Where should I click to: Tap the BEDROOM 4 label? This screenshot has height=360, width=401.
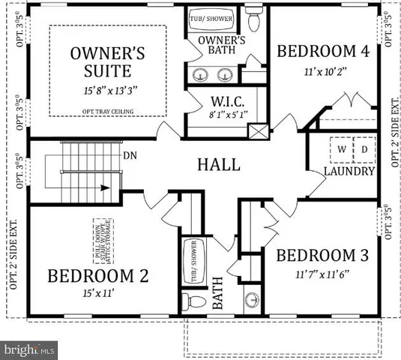[323, 52]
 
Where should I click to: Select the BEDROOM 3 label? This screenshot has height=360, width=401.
[322, 256]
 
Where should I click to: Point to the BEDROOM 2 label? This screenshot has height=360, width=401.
[97, 275]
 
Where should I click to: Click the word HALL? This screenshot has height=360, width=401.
[219, 164]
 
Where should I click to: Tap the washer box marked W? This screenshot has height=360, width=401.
[342, 148]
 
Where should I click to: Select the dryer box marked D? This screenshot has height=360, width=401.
[364, 148]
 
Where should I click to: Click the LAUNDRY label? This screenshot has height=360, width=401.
[349, 172]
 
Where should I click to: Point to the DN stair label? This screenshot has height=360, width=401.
[129, 156]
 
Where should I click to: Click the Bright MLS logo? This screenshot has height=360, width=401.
[28, 349]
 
